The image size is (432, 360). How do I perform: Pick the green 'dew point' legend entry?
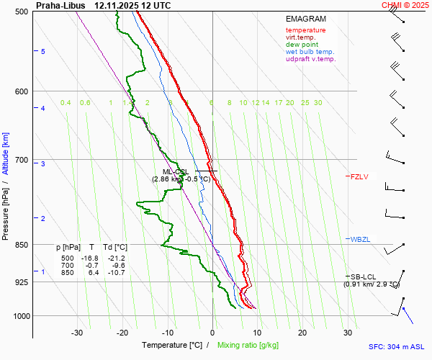302,45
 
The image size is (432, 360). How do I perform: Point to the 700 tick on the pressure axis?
21,160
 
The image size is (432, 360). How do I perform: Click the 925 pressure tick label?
21,282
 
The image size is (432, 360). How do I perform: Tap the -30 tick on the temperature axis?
77,333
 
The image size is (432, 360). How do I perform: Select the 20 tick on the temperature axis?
302,333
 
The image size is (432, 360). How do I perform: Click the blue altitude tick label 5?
42,52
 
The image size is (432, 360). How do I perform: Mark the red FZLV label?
359,176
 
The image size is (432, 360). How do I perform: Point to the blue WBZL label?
359,239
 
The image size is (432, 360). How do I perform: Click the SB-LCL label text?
364,276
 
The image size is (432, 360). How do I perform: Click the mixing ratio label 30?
318,103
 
